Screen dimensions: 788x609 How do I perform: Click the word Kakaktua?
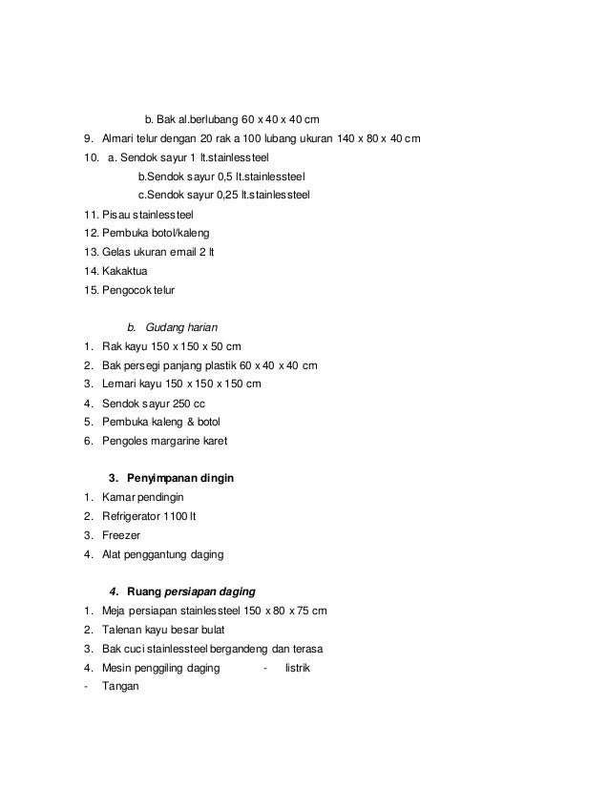click(x=125, y=271)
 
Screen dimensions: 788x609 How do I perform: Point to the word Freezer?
click(x=121, y=535)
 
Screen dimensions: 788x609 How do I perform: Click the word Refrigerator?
click(x=136, y=516)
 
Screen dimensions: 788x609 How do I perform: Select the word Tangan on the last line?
click(x=120, y=685)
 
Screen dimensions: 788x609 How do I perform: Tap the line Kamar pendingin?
click(x=142, y=497)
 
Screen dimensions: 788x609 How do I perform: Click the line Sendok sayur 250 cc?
click(x=154, y=403)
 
